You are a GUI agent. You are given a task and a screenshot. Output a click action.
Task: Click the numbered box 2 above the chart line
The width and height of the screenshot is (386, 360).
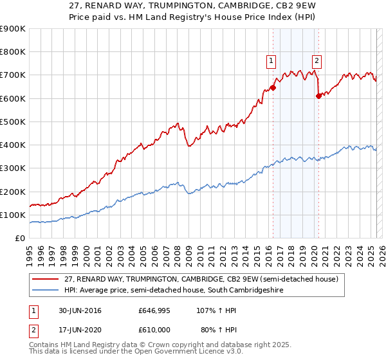click(317, 62)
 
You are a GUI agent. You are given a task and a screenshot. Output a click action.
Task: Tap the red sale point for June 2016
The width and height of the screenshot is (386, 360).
click(273, 87)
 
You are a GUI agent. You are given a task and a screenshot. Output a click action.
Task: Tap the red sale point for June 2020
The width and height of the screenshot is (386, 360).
click(318, 96)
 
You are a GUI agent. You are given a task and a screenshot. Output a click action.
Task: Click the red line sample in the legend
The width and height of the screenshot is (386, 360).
click(45, 278)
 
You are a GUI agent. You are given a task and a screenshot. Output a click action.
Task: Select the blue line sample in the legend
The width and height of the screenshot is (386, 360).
click(45, 290)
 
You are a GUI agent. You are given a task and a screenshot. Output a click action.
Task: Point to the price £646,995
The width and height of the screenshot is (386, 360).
click(154, 310)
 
